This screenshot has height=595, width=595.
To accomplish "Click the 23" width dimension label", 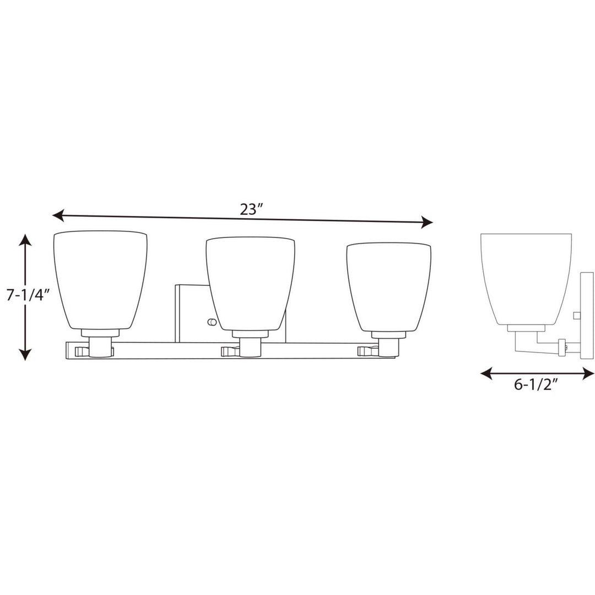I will click(252, 209).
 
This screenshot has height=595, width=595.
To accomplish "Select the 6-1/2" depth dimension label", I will click(537, 385).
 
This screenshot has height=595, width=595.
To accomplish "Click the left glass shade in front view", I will click(100, 278).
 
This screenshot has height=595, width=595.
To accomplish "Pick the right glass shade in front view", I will click(388, 285).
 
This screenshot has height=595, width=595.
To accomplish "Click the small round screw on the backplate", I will click(210, 322).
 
